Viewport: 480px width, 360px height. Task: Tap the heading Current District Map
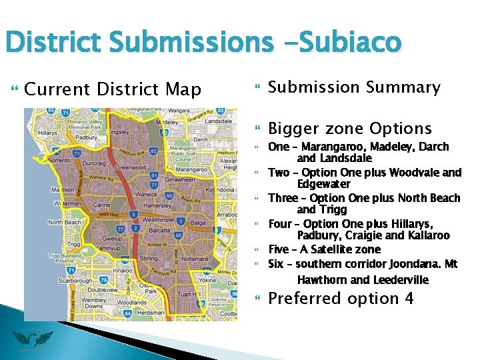pos(112,89)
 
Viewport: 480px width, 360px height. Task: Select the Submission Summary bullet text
pos(354,87)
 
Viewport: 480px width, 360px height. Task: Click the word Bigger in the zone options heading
pos(294,128)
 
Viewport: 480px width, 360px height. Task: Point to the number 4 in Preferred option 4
pos(409,298)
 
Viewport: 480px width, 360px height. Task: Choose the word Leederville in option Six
pos(400,280)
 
